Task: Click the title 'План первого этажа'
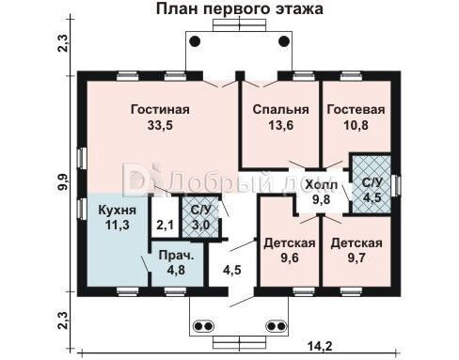239,8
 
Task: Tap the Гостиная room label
160,110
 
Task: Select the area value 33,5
160,125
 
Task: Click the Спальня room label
280,110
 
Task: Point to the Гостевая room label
356,110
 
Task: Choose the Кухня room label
118,210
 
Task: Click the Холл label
322,185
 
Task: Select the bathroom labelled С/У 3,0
200,217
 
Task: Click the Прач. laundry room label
176,256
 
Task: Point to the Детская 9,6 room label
290,243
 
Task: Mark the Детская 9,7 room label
356,243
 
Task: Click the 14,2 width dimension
320,346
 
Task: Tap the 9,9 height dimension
63,181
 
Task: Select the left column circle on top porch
195,41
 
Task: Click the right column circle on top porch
284,41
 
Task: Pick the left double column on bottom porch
203,326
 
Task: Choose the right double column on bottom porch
277,326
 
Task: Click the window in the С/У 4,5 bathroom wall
397,185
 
